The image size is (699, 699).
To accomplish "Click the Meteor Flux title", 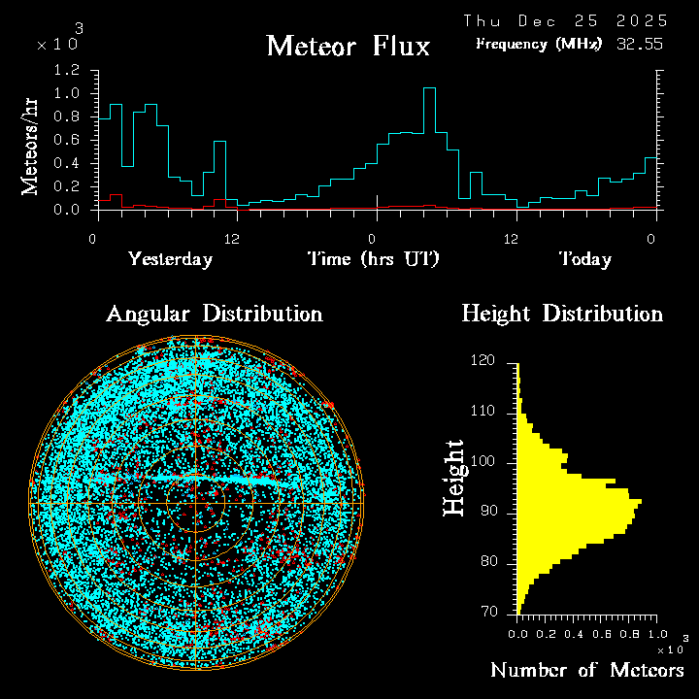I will pos(348,46).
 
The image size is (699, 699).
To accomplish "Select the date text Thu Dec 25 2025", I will pos(565,20).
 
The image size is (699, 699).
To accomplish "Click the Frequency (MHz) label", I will pos(539,44).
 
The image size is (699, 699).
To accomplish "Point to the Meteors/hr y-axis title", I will pos(31,146).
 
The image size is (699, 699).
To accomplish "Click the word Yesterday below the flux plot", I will pos(170,259).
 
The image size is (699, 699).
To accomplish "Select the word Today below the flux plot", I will pos(584,259).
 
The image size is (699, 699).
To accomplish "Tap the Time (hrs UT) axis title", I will pos(374,259).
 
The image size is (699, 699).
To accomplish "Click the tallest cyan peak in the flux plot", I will pos(428,89).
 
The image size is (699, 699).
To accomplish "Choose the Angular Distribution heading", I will pos(214,314).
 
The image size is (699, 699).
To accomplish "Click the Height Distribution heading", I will pos(562,314).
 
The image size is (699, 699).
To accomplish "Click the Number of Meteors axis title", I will pos(586,671).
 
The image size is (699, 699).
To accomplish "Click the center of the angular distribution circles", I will pos(195,504).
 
